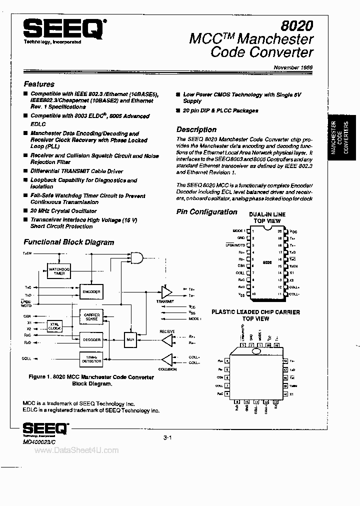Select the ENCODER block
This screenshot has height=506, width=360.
tap(92, 291)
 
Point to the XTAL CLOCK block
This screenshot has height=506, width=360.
tap(54, 326)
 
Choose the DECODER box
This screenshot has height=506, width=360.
tap(92, 339)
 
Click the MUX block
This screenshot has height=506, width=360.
tap(131, 339)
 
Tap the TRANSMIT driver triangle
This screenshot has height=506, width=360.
tap(166, 292)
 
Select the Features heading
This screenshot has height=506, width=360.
tap(39, 84)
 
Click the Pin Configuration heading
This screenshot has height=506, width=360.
tap(207, 212)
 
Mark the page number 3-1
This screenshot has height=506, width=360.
tap(167, 438)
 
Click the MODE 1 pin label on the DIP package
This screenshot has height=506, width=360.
tap(239, 230)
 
